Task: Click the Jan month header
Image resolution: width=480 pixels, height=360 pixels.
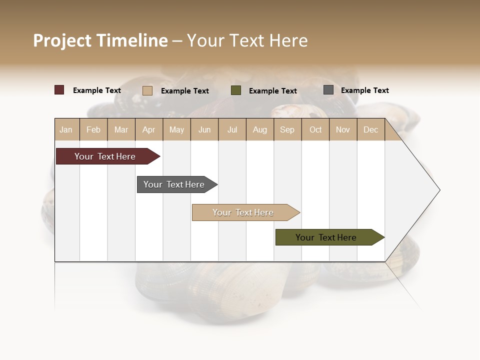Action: (66, 130)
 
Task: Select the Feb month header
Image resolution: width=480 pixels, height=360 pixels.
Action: (93, 130)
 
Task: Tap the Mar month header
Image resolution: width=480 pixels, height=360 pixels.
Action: (121, 130)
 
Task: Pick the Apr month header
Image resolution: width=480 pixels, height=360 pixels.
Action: (149, 130)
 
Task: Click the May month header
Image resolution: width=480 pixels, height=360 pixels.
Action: (176, 130)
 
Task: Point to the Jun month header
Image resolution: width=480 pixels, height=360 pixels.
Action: (204, 130)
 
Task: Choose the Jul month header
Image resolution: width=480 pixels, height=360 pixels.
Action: (232, 130)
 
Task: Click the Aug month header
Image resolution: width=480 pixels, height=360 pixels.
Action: (260, 130)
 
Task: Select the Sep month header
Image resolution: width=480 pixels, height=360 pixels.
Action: (287, 130)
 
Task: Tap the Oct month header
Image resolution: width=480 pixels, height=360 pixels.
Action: (315, 130)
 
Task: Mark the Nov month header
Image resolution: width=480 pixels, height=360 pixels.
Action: (343, 130)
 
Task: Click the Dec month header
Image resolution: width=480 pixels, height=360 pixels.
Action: (371, 130)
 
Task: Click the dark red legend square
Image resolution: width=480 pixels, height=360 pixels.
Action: (59, 90)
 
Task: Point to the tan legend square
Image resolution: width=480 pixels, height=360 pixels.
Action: (147, 90)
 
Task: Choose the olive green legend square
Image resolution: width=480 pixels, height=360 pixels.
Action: (236, 90)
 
